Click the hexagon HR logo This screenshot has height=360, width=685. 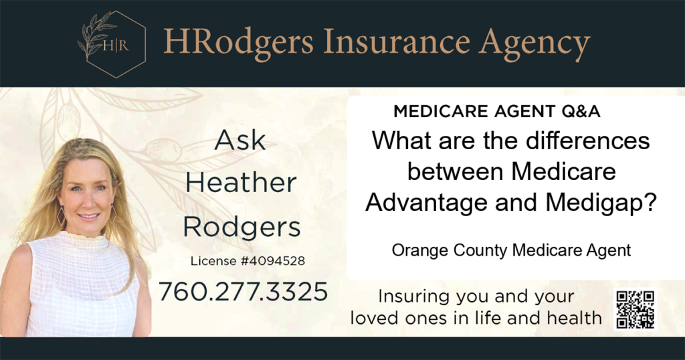pos(112,44)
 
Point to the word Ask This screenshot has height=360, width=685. pos(240,141)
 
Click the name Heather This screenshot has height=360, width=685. pos(241,183)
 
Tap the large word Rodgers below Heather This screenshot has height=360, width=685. pos(241,228)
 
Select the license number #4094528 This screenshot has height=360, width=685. pos(273,261)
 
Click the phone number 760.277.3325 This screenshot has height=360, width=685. pos(243,292)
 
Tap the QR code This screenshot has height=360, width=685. pos(635,309)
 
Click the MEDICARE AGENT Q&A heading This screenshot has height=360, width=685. pos(497,111)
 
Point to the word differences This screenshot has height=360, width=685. pos(587,141)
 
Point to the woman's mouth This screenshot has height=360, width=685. pos(89,216)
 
